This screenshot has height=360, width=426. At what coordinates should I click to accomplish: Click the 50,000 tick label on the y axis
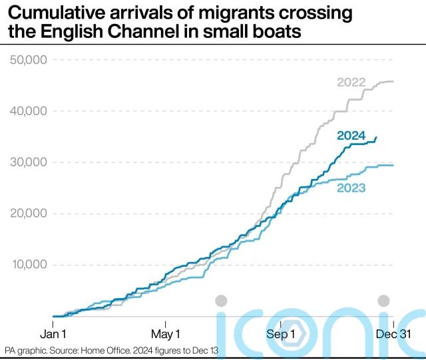point(28,61)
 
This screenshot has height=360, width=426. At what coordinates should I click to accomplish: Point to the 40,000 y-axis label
point(28,111)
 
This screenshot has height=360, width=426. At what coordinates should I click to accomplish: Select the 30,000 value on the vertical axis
point(28,162)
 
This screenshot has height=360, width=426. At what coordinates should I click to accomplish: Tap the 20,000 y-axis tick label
point(28,214)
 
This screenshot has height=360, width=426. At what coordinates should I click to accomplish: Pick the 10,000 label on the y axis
point(28,265)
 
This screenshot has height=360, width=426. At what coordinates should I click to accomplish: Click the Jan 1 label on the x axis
point(53,333)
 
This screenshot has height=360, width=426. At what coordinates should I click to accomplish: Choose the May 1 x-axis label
point(166,333)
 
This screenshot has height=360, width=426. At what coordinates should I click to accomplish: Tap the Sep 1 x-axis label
point(280,333)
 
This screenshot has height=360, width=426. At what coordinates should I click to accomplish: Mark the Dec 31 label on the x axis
point(394,333)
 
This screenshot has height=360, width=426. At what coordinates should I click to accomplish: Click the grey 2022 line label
point(351,83)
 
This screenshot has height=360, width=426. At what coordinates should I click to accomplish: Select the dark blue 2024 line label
point(351,136)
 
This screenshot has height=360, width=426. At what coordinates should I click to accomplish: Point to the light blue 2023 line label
point(351,188)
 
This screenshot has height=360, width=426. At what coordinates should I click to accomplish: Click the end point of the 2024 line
point(377,138)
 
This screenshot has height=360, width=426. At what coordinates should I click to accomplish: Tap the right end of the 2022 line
point(393,81)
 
